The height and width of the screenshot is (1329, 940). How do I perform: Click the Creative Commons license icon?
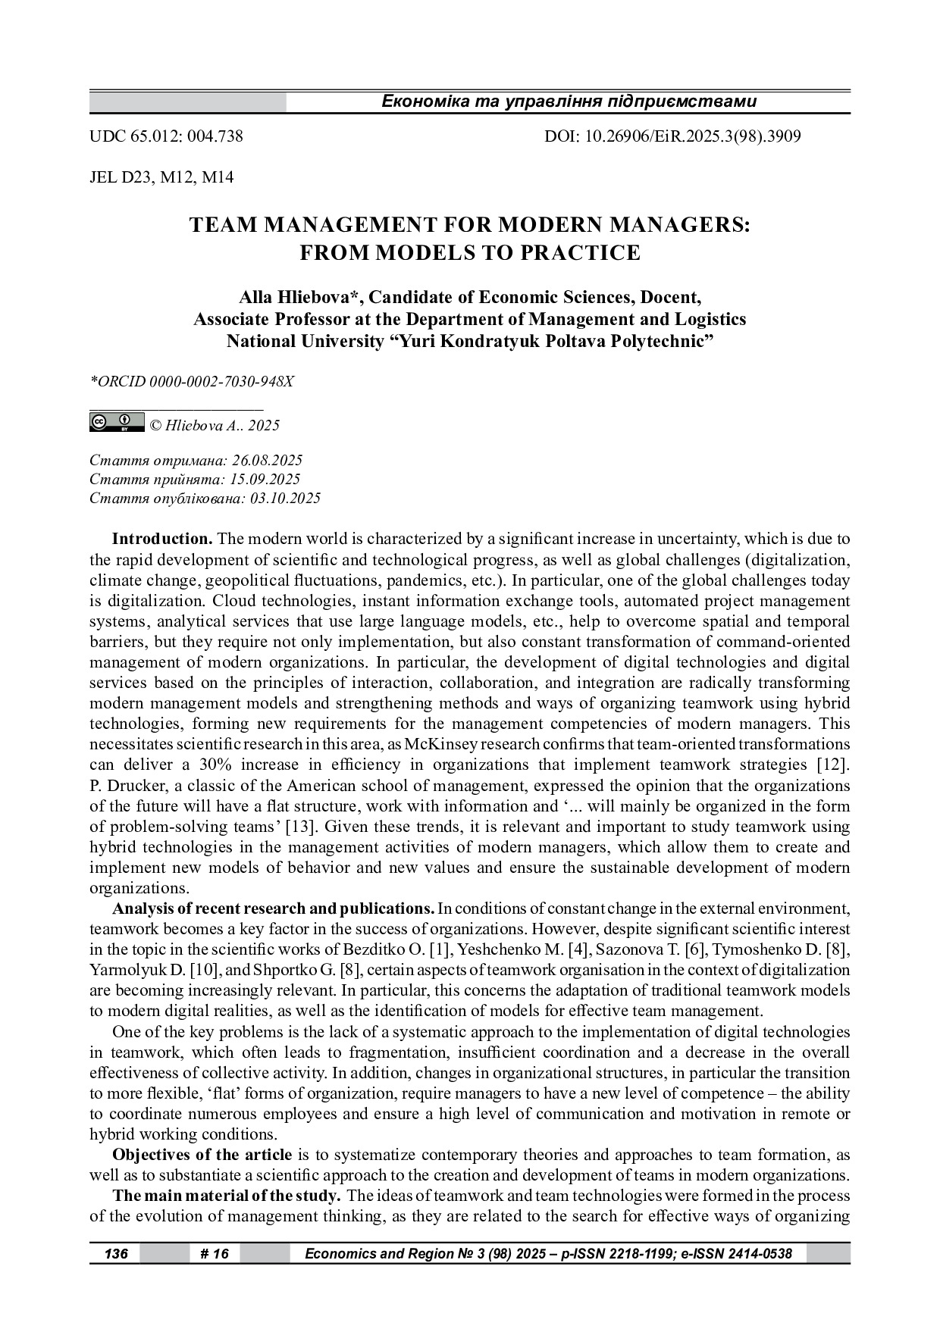(117, 422)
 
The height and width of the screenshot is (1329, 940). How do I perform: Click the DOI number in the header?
(672, 136)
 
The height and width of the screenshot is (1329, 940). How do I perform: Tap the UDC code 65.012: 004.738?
(166, 136)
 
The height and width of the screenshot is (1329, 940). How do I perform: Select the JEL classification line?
(161, 177)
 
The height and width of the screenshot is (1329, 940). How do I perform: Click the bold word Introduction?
(161, 539)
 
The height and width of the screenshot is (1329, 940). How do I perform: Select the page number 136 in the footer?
(116, 1254)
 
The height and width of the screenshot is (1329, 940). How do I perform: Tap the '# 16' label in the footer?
(215, 1254)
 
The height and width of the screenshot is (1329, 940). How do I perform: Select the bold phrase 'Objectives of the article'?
(202, 1155)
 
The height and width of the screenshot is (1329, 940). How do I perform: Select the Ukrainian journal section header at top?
(569, 102)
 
